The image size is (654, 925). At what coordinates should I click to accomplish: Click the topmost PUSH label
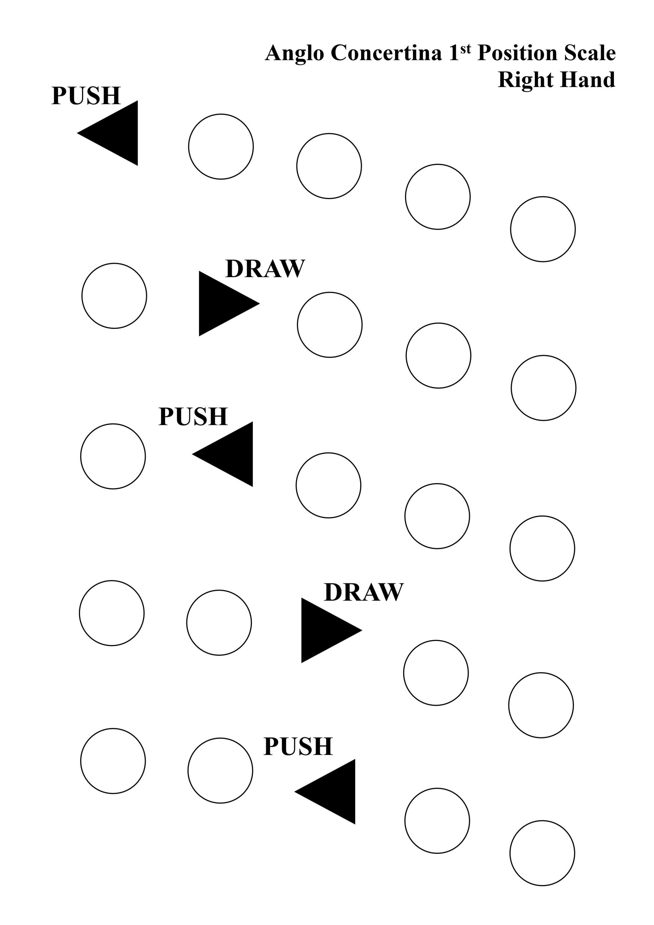click(86, 96)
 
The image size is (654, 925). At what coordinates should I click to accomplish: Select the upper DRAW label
click(265, 269)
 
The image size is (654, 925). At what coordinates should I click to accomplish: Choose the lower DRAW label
click(363, 592)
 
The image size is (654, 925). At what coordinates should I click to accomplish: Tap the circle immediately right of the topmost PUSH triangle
click(221, 147)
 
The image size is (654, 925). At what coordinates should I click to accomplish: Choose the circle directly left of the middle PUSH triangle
click(113, 456)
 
